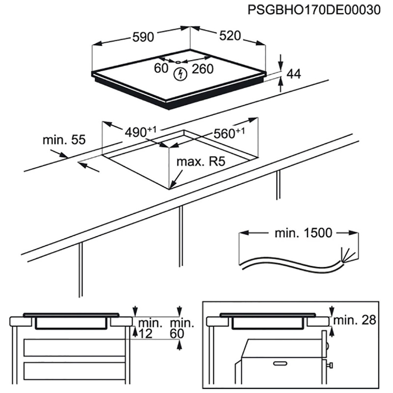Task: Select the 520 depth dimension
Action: tap(229, 36)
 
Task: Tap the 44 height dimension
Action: tap(293, 74)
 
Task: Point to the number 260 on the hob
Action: tap(202, 69)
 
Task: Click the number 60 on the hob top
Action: tap(161, 69)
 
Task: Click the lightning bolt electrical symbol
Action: tap(181, 75)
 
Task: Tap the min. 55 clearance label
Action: tap(64, 140)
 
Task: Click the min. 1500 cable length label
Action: tap(303, 233)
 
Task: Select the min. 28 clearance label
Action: tap(355, 321)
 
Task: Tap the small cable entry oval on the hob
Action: tap(178, 62)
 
